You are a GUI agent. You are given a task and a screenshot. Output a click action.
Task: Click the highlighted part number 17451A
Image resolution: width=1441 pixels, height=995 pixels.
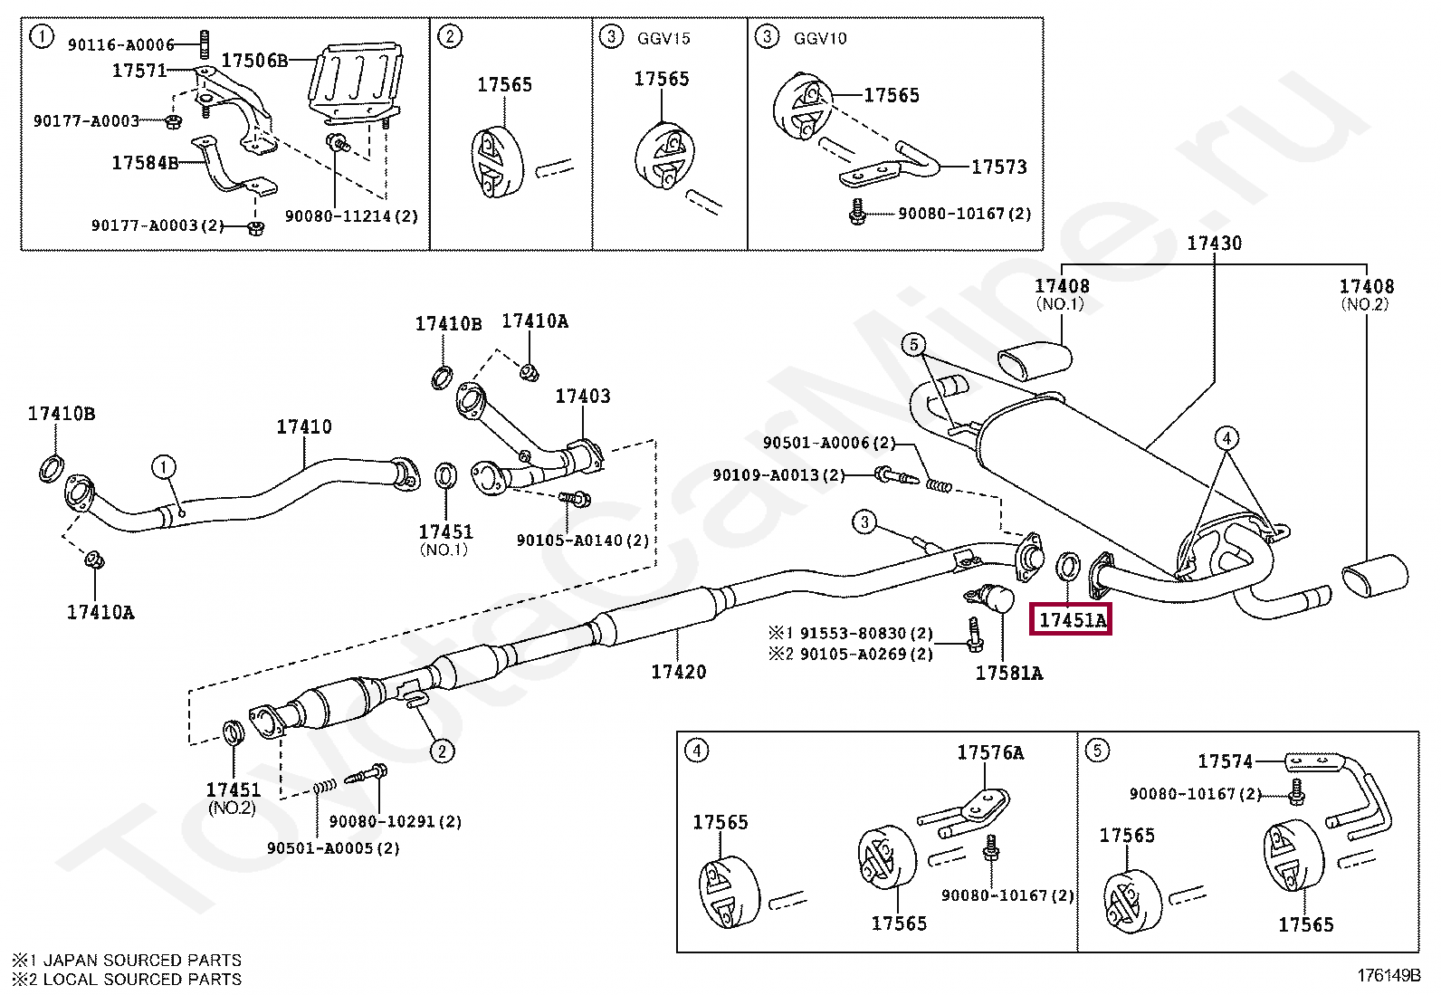coord(1073,619)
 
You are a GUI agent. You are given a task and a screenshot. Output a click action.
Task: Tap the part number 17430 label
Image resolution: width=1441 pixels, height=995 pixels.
coord(1214,243)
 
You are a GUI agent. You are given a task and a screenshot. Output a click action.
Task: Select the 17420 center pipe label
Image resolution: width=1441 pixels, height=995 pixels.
coord(679,671)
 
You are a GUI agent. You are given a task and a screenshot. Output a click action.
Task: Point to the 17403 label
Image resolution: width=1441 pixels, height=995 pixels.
coord(583,396)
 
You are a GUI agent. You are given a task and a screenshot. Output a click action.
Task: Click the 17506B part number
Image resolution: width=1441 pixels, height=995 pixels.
coord(254,61)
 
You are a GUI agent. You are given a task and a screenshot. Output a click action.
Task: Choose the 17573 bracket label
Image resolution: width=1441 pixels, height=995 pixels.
coord(999,167)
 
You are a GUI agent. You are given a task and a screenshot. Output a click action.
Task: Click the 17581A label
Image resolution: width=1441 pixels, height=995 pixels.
coord(1008,673)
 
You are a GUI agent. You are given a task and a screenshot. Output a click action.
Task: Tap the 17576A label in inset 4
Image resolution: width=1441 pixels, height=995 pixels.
coord(990,752)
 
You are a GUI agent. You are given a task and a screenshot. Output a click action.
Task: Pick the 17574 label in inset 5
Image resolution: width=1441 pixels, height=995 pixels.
coord(1226,761)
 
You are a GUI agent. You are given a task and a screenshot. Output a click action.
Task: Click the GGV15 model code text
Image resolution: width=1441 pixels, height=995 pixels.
coord(663,39)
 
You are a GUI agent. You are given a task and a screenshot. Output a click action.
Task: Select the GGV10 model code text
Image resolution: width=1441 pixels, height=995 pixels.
coord(820,39)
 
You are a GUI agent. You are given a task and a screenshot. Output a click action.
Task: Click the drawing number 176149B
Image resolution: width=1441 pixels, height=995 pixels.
coord(1389,976)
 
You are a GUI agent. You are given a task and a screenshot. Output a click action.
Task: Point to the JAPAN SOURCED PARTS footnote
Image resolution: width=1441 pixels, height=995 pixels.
coord(127,960)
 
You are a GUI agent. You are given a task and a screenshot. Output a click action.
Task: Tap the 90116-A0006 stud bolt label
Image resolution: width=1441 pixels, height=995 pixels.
coord(121,44)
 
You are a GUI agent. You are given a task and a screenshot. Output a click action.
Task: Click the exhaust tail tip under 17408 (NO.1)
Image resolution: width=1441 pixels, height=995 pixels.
coord(1035,360)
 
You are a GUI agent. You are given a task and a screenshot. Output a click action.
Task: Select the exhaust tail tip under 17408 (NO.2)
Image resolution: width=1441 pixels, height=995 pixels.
coord(1375,576)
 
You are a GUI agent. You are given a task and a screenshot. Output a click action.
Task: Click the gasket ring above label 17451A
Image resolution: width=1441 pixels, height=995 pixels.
coord(1068,565)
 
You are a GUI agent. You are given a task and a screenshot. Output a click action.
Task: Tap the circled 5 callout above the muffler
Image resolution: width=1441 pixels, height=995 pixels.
coord(913,345)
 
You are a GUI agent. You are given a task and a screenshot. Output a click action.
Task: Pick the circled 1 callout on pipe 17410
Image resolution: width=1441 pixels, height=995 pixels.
coord(164,466)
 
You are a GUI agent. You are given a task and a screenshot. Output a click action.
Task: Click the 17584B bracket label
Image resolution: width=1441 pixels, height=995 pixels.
coord(145,163)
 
